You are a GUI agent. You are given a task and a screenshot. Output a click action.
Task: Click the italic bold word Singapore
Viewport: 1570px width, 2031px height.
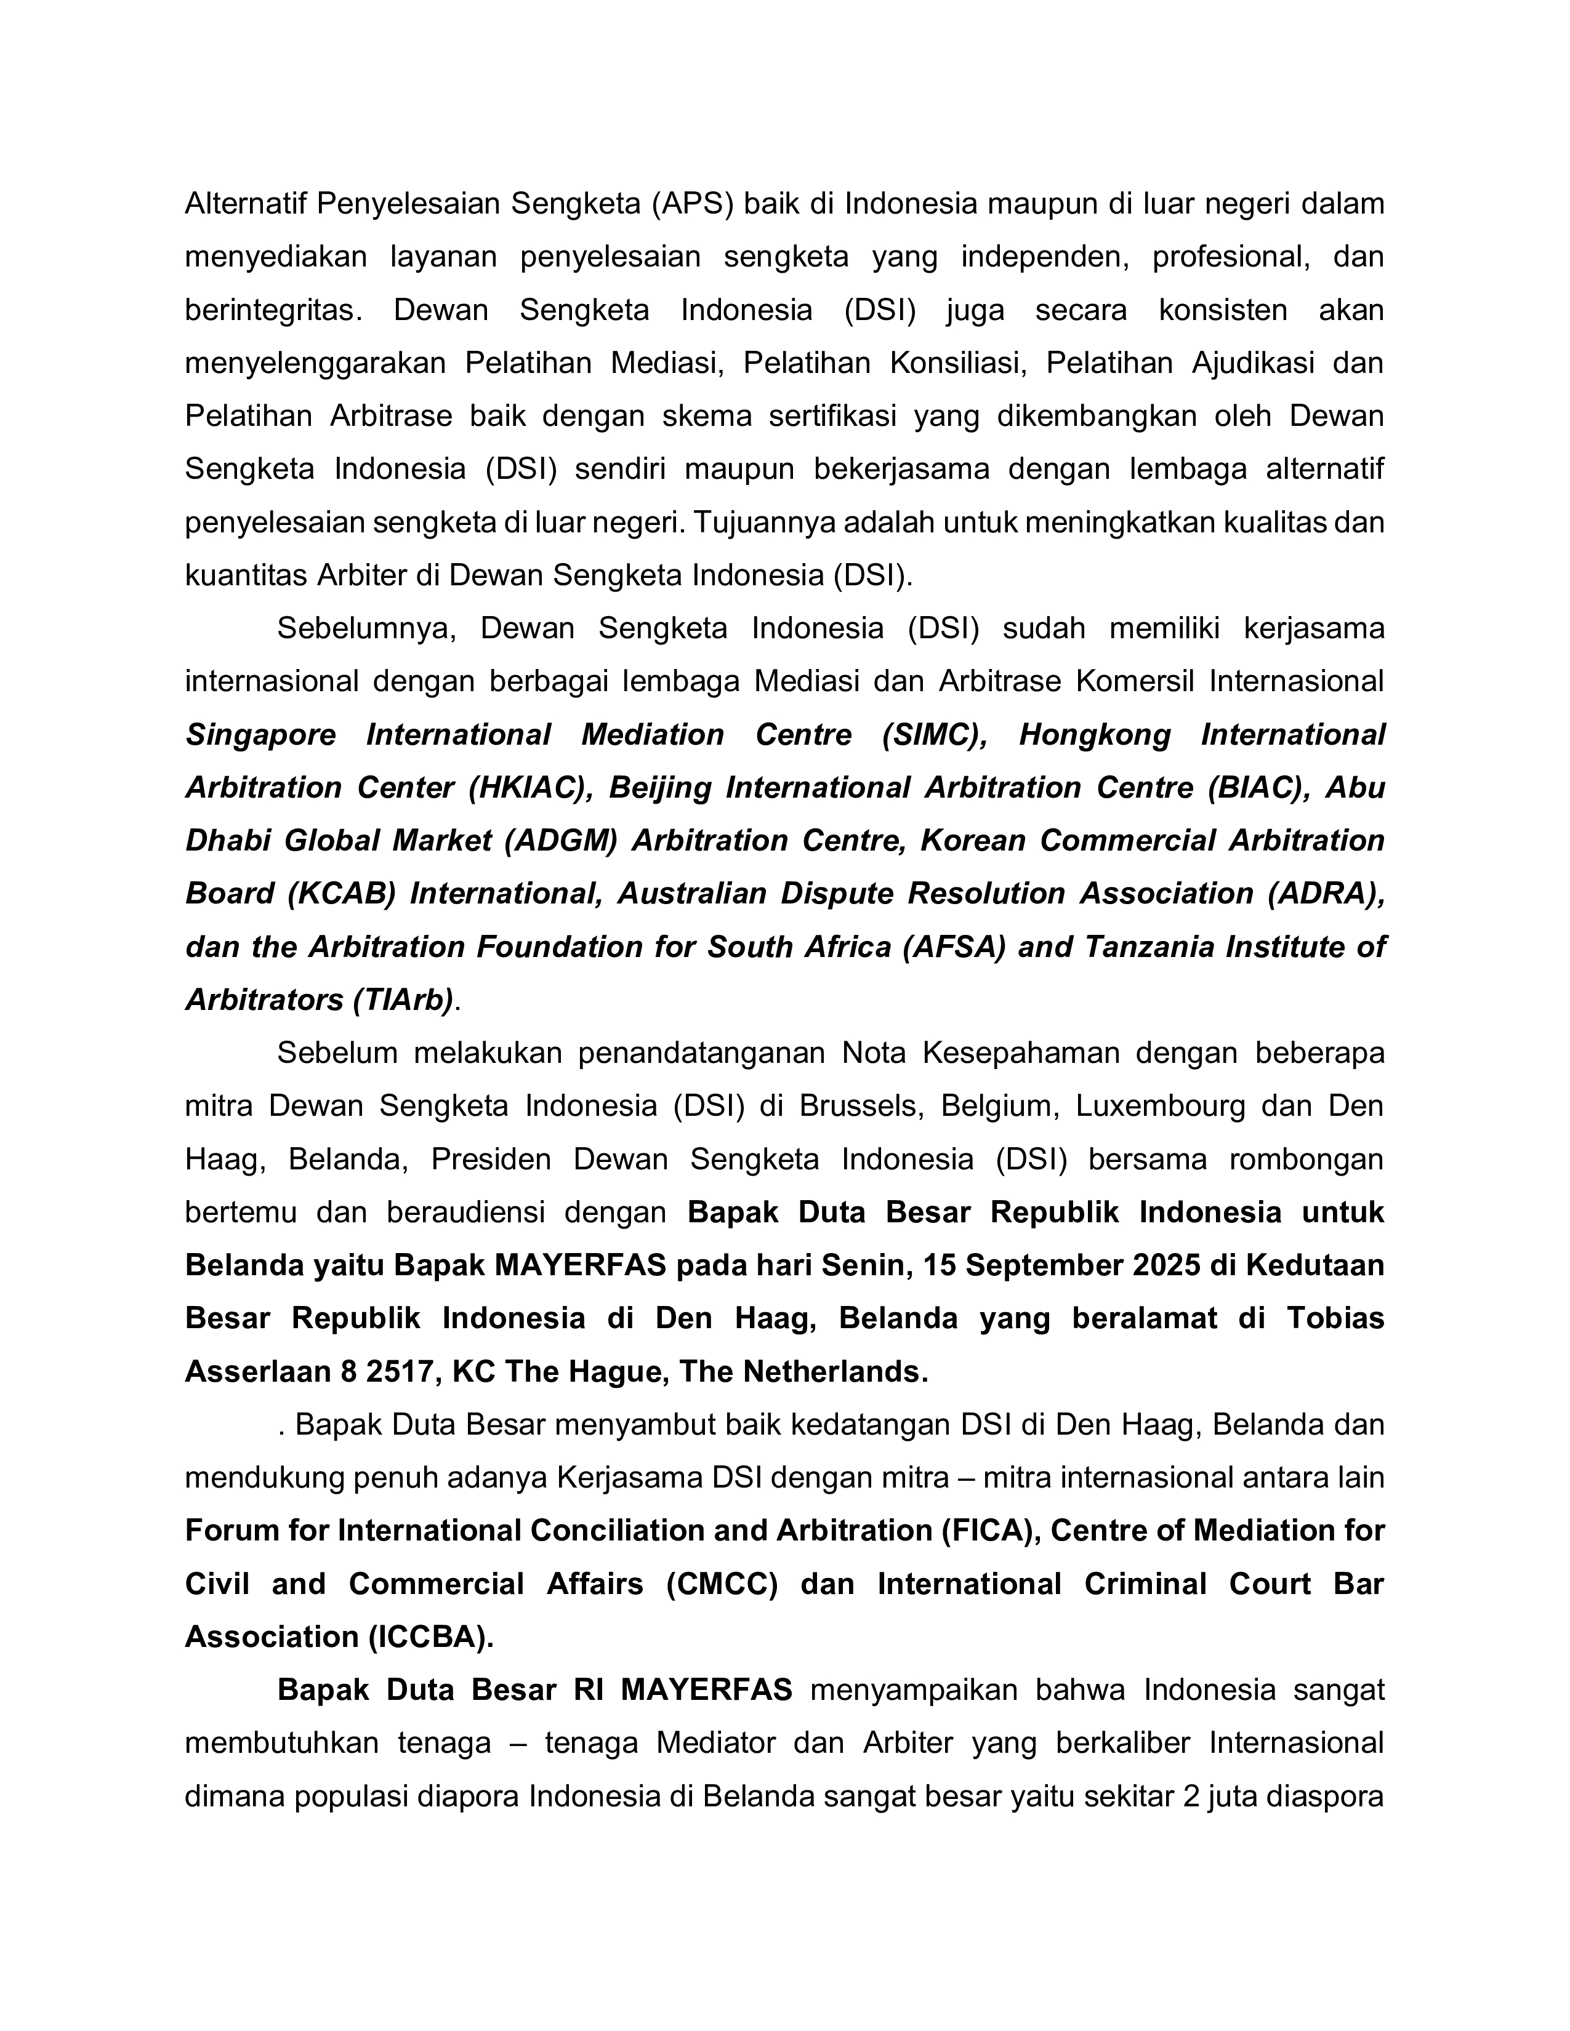pyautogui.click(x=260, y=735)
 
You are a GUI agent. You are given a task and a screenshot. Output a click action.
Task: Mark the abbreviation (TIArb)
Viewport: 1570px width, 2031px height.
pyautogui.click(x=403, y=999)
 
